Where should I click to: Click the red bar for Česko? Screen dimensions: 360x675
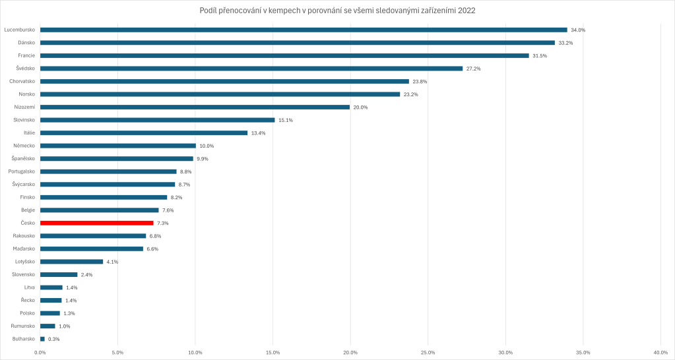(x=96, y=223)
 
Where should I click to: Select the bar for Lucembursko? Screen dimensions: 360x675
(x=304, y=30)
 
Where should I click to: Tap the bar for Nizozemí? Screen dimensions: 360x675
(x=195, y=107)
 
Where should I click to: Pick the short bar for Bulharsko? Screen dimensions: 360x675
(x=42, y=339)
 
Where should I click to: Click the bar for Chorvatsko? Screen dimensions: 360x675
(x=224, y=81)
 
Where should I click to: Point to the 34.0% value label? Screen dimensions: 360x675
(x=578, y=30)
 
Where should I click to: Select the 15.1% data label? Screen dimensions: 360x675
(x=286, y=120)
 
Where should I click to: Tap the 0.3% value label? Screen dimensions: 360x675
(x=54, y=339)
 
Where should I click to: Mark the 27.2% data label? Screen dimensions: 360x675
(x=474, y=69)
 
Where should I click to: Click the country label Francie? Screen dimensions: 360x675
(x=26, y=55)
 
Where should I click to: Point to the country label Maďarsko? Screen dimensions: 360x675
(x=24, y=249)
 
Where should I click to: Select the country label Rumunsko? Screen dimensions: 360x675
(x=23, y=326)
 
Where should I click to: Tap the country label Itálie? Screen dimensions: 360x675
(x=29, y=133)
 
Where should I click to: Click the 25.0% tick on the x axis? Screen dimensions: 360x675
(x=428, y=352)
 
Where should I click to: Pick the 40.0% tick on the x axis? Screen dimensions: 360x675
(x=660, y=352)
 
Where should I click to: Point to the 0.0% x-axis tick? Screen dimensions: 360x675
(x=40, y=352)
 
